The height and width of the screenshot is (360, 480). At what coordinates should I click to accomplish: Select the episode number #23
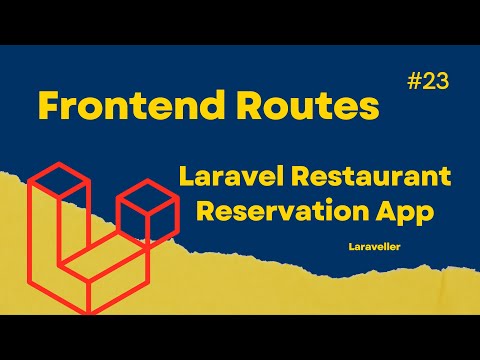[x=427, y=86]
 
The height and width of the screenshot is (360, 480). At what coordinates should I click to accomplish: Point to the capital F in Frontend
[x=47, y=105]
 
